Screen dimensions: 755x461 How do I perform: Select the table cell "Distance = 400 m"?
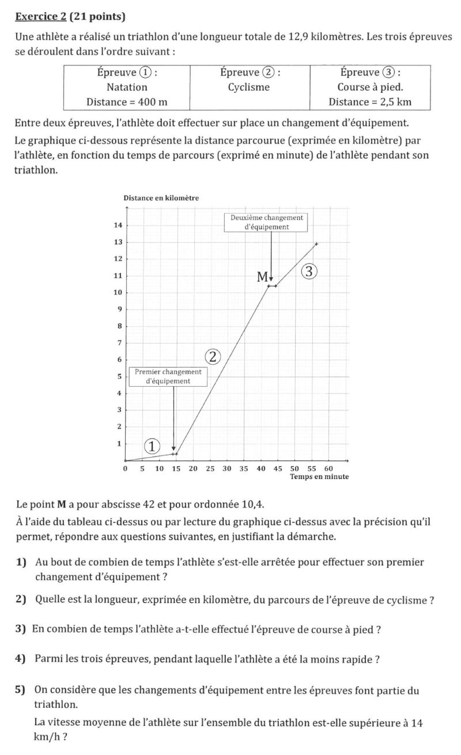[x=127, y=102]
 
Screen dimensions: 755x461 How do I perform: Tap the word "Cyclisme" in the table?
[x=249, y=88]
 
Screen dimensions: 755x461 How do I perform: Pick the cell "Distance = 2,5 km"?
[x=370, y=102]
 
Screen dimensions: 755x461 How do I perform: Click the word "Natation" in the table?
[x=127, y=88]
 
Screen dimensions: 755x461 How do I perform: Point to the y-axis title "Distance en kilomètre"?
[x=161, y=198]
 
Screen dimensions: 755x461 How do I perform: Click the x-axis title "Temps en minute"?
[x=319, y=477]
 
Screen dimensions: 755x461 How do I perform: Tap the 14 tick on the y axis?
[x=118, y=225]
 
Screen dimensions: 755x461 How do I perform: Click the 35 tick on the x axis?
[x=244, y=469]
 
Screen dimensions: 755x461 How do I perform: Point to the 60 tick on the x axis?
[x=328, y=469]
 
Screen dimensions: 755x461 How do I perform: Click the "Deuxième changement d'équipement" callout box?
[x=266, y=222]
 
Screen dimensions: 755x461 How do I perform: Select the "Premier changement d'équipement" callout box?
[x=168, y=376]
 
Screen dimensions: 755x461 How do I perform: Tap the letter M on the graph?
[x=263, y=277]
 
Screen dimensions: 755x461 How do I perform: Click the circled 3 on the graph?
[x=309, y=271]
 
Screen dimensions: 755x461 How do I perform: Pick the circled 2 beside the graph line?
[x=213, y=357]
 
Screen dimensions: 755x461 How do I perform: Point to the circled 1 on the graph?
[x=152, y=446]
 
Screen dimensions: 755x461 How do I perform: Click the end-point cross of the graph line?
[x=316, y=244]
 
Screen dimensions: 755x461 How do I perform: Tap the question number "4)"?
[x=21, y=659]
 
